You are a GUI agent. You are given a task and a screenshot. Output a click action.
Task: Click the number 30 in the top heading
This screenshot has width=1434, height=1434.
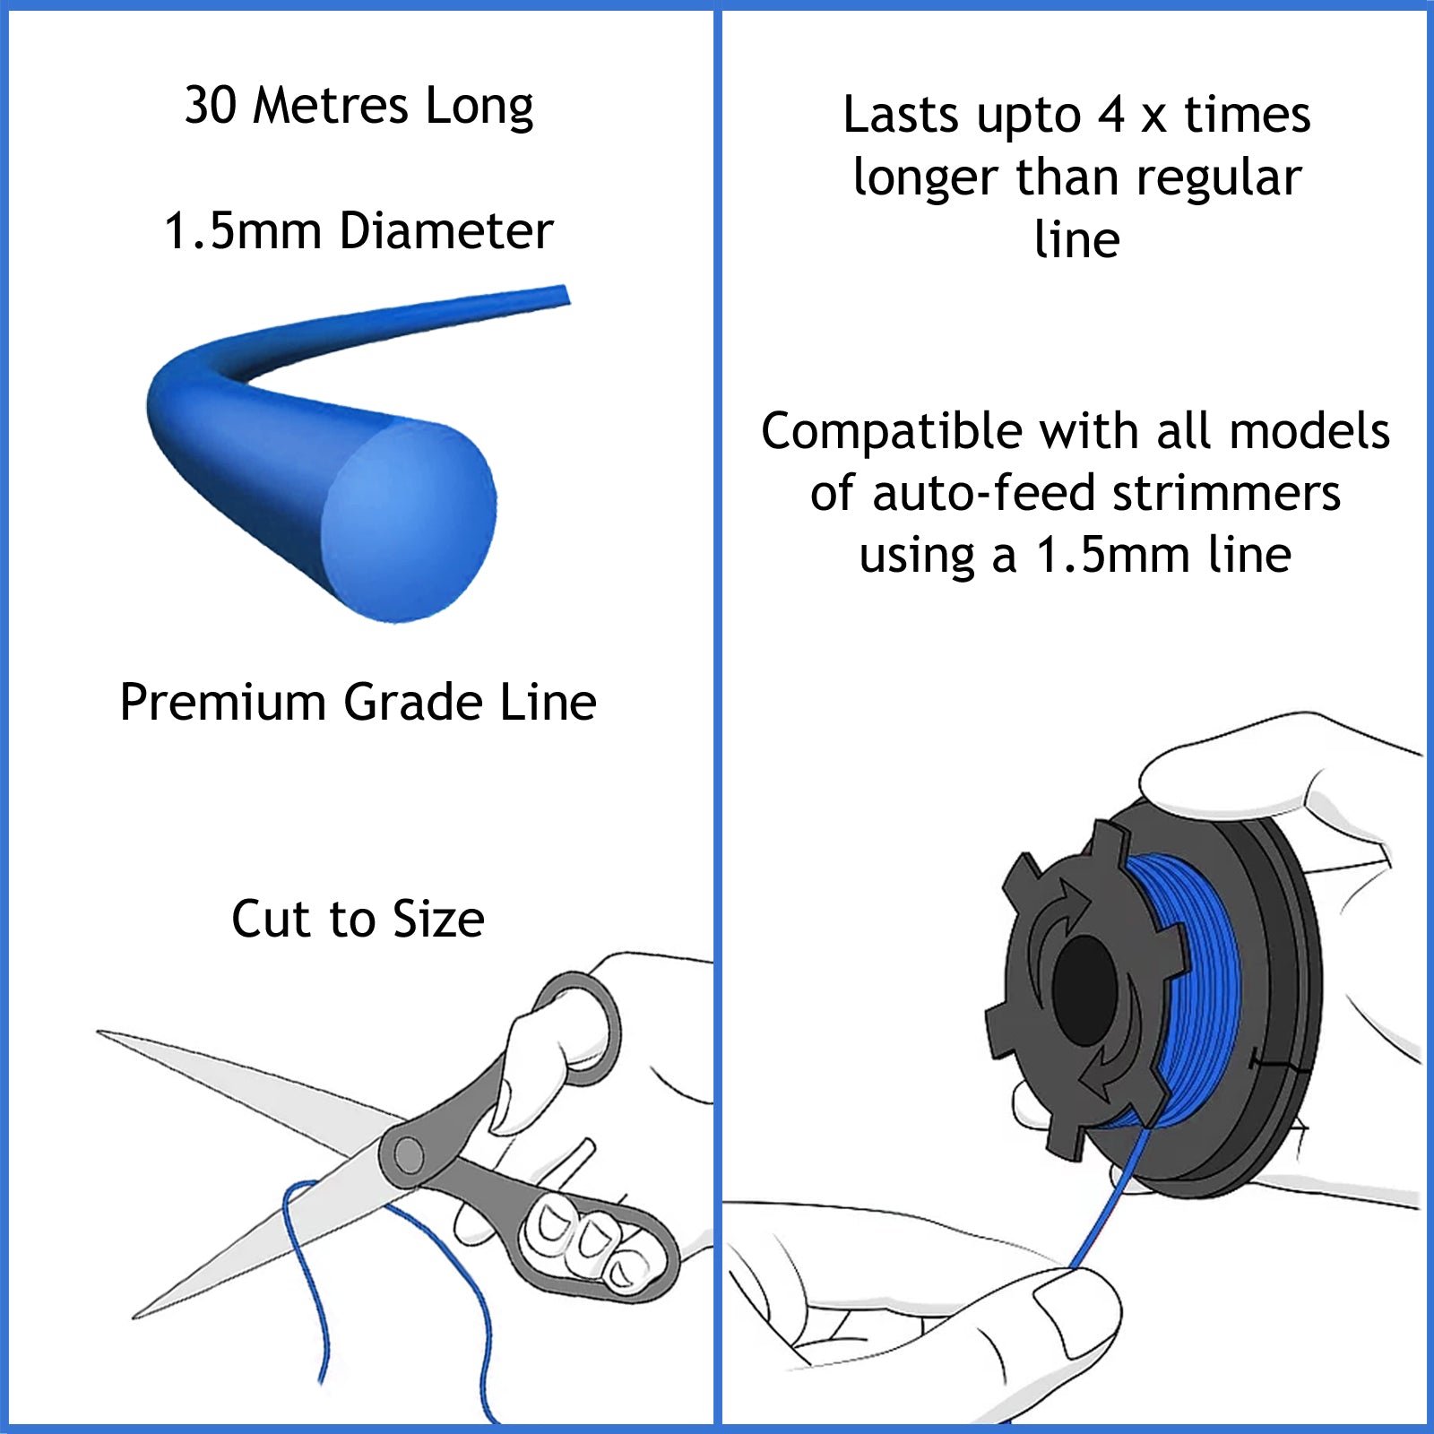click(211, 106)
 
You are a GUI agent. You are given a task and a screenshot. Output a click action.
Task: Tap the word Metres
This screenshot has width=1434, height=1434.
click(331, 106)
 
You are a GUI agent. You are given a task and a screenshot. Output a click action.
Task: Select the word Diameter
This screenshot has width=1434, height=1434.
click(446, 231)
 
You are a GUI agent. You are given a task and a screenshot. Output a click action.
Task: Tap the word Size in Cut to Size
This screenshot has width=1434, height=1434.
click(438, 920)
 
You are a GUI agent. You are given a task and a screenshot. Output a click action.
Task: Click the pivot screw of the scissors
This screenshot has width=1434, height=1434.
click(409, 1154)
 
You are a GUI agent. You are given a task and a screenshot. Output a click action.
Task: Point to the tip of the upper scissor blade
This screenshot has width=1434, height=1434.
click(100, 1032)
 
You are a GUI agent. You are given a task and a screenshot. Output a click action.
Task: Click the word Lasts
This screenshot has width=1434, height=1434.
click(901, 116)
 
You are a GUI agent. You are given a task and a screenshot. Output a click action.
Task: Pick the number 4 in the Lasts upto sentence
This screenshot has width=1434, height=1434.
click(1111, 116)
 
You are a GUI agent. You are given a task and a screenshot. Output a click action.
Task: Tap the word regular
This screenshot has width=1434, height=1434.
click(1219, 178)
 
